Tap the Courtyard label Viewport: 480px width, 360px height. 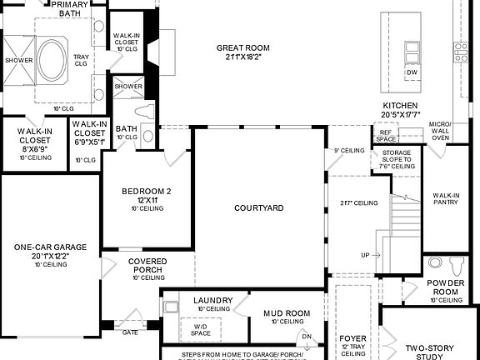pos(259,207)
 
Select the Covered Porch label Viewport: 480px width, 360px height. pos(147,266)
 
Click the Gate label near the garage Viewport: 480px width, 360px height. pos(131,331)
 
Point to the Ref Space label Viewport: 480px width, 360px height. pos(386,135)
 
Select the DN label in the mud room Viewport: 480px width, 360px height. pos(307,337)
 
